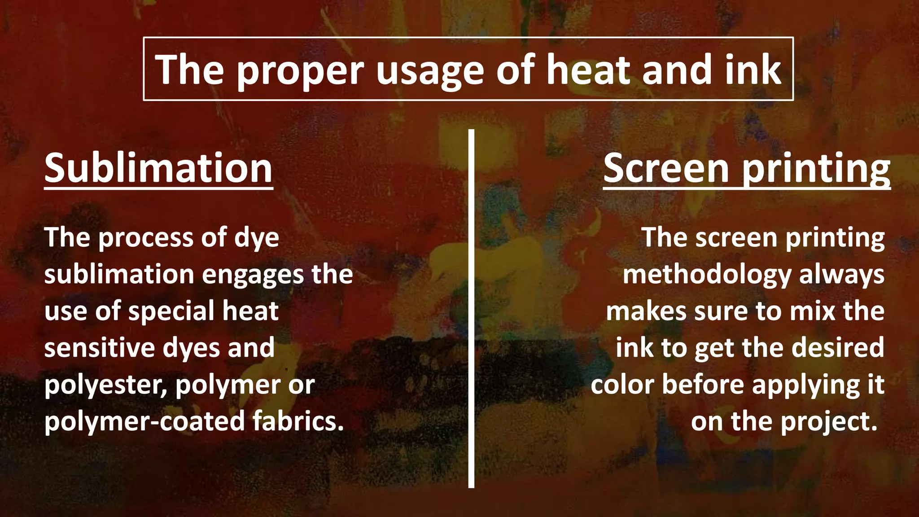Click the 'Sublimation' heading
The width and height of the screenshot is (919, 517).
158,168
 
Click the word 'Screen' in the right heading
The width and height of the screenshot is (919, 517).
666,168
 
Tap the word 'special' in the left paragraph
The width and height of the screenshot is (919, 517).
171,311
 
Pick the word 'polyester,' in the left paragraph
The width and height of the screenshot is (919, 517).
106,385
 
